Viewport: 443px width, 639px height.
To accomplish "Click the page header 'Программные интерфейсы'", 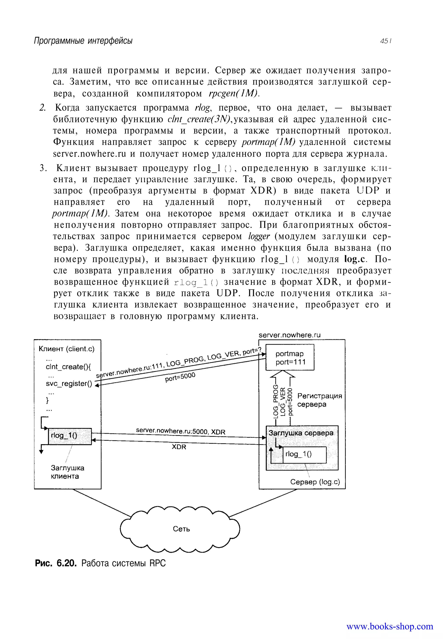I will pyautogui.click(x=83, y=41).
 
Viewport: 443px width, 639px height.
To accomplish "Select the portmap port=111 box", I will pyautogui.click(x=290, y=357).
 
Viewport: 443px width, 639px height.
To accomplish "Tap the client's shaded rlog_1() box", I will pyautogui.click(x=70, y=436).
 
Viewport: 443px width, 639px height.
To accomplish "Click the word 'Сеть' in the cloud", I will pyautogui.click(x=181, y=529).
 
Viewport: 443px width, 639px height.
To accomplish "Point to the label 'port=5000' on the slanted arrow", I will pyautogui.click(x=180, y=377).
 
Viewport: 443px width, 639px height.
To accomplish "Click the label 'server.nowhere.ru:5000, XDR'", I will pyautogui.click(x=180, y=431).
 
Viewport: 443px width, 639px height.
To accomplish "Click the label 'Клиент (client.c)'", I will pyautogui.click(x=67, y=349).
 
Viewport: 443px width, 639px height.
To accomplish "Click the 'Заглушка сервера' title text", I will pyautogui.click(x=301, y=433).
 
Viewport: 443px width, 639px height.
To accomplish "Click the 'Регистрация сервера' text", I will pyautogui.click(x=319, y=400).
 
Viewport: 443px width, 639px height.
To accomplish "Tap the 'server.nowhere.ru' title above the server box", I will pyautogui.click(x=289, y=335).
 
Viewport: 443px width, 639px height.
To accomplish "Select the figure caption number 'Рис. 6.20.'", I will pyautogui.click(x=56, y=563).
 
